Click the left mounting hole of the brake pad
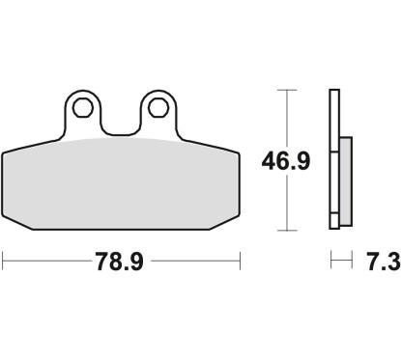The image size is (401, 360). pos(82,105)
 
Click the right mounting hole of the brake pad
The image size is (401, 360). pos(158,105)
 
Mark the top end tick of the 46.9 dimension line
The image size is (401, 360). pos(285,90)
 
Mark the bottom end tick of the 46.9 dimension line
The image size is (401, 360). pos(285,231)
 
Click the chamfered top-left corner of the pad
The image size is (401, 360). pos(12,144)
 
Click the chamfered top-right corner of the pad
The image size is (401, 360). pos(230,144)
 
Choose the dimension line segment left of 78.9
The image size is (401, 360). pos(48,261)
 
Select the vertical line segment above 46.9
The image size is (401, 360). pos(285,116)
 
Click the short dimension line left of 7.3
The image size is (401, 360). pos(338,261)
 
